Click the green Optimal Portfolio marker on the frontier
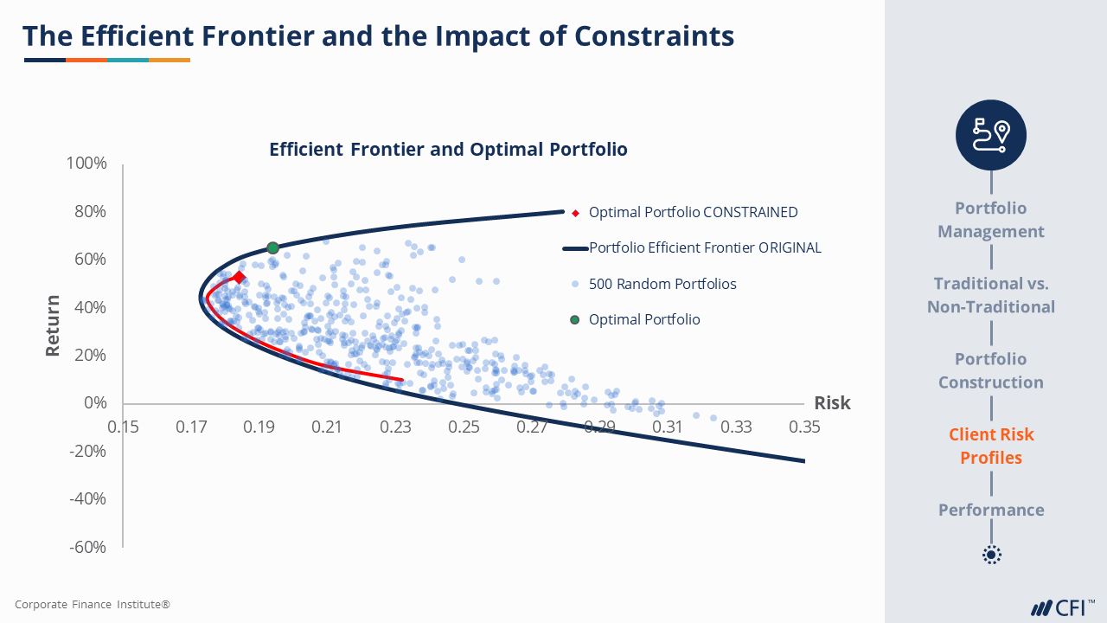[x=272, y=248]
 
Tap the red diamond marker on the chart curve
[x=240, y=278]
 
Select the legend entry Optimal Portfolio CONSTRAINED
[x=693, y=212]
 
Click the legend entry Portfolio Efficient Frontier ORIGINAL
[x=705, y=248]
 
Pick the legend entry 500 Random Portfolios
[x=662, y=284]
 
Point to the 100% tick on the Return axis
[x=86, y=164]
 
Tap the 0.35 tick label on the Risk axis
[x=804, y=427]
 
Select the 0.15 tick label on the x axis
[x=123, y=427]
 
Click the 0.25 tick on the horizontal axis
[x=464, y=427]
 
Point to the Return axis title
[x=54, y=326]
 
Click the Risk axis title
[x=832, y=403]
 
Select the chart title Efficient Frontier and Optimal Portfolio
[x=448, y=149]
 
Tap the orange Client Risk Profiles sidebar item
[x=991, y=446]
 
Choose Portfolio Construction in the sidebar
[x=991, y=370]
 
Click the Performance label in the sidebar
[x=991, y=510]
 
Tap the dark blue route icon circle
[x=991, y=135]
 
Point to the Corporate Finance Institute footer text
[x=93, y=604]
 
